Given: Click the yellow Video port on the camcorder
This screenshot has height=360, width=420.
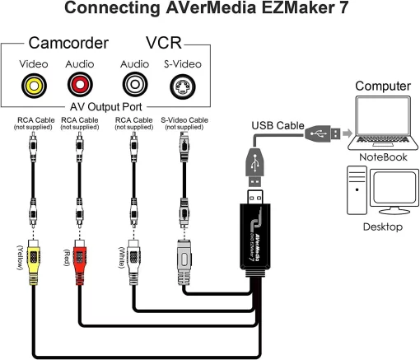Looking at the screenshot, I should (35, 83).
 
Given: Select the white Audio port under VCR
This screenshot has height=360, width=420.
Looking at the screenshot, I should (133, 83).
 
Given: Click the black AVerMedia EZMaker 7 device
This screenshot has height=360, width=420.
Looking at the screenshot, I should (256, 235).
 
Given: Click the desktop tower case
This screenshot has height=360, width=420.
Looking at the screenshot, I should (356, 189).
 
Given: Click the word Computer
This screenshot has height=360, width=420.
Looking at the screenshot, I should (382, 86).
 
